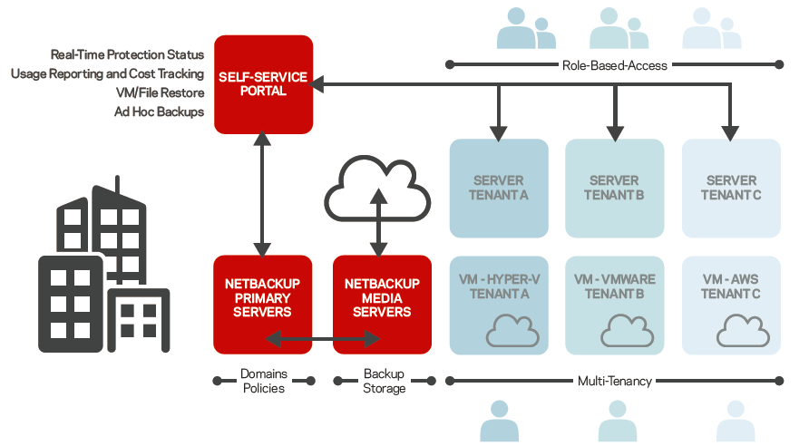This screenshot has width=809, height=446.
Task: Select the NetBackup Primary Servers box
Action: tap(262, 304)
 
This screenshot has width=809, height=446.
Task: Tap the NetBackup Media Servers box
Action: tap(382, 304)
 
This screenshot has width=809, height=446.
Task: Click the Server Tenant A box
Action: tap(499, 188)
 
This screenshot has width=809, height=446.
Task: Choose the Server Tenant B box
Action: tap(614, 188)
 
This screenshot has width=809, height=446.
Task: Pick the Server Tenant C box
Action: tap(731, 188)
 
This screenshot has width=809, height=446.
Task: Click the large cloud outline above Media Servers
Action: tap(377, 188)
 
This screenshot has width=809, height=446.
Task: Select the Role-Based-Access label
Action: tap(615, 65)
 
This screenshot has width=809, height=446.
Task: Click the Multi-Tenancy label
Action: tap(615, 382)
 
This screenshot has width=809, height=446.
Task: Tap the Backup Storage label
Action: tap(384, 381)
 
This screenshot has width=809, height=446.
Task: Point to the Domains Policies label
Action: tap(263, 381)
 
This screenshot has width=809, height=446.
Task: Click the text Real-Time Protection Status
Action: tap(127, 55)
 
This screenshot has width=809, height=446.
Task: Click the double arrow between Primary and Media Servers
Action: tap(322, 339)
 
